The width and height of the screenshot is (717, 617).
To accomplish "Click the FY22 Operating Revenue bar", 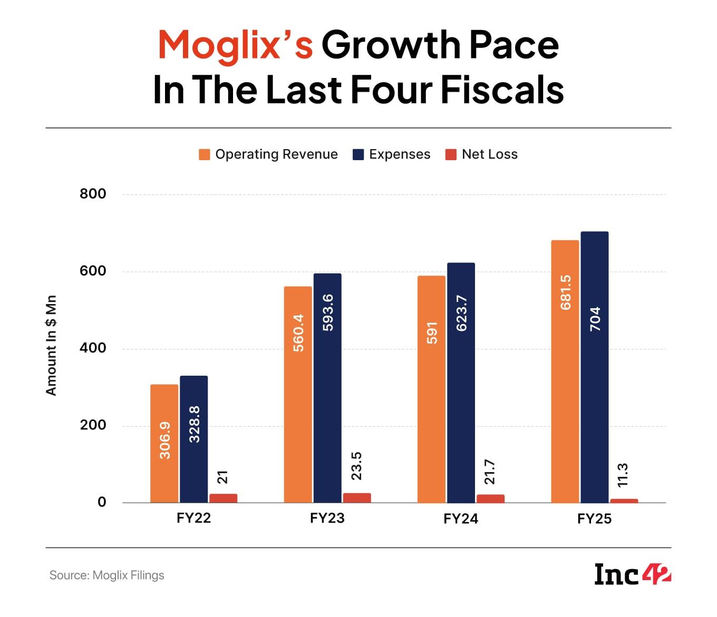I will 164,444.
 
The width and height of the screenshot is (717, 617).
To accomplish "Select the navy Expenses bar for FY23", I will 327,388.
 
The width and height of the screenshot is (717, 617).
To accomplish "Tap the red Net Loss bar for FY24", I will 490,498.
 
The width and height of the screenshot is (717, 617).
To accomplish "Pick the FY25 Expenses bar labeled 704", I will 595,367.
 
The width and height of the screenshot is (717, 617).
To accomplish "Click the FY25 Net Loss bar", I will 624,501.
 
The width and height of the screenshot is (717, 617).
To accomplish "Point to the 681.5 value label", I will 566,292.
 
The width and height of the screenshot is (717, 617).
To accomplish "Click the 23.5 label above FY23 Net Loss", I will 357,466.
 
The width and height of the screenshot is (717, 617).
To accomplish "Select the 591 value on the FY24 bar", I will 432,333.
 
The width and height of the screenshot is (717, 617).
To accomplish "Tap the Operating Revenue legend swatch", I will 205,154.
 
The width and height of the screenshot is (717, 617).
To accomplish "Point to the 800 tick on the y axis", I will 93,194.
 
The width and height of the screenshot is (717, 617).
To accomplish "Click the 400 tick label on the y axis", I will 93,348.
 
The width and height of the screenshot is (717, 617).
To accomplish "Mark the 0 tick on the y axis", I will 102,502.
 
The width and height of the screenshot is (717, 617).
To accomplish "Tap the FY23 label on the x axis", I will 327,518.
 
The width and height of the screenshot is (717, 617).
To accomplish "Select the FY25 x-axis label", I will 594,519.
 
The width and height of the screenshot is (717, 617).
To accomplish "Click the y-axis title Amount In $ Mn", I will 51,346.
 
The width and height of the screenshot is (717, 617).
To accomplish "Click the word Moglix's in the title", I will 235,45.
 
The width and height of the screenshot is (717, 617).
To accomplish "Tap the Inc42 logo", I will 632,574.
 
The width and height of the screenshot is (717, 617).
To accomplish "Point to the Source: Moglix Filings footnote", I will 107,575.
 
